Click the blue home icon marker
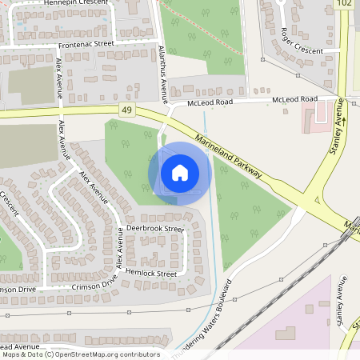pyautogui.click(x=180, y=172)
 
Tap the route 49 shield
pyautogui.click(x=127, y=108)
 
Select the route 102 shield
pyautogui.click(x=345, y=4)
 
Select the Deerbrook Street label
pyautogui.click(x=155, y=229)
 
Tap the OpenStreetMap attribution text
pyautogui.click(x=80, y=354)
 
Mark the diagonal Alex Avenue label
pyautogui.click(x=93, y=186)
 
